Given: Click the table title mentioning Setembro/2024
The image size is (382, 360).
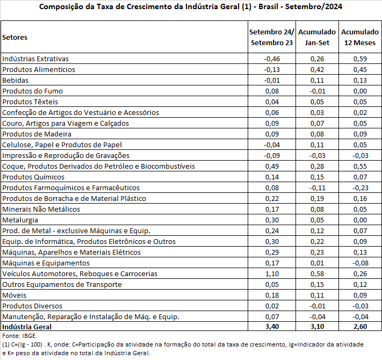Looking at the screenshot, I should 191,7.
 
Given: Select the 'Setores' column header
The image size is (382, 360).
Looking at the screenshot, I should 15,37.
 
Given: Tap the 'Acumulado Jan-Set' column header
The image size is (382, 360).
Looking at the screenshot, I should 317,37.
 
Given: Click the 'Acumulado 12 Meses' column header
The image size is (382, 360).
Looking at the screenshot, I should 360,37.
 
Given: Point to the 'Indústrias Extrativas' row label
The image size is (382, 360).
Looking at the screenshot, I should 35,59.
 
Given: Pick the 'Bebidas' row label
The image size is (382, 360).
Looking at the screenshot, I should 15,80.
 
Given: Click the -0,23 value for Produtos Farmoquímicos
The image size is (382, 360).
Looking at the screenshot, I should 360,188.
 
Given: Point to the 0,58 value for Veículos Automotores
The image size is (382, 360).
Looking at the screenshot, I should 317,273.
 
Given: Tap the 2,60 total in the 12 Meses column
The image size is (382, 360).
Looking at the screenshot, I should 360,326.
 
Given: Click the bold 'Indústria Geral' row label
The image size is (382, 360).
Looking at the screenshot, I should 27,326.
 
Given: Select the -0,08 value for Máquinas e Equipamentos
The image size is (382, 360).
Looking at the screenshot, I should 360,263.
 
